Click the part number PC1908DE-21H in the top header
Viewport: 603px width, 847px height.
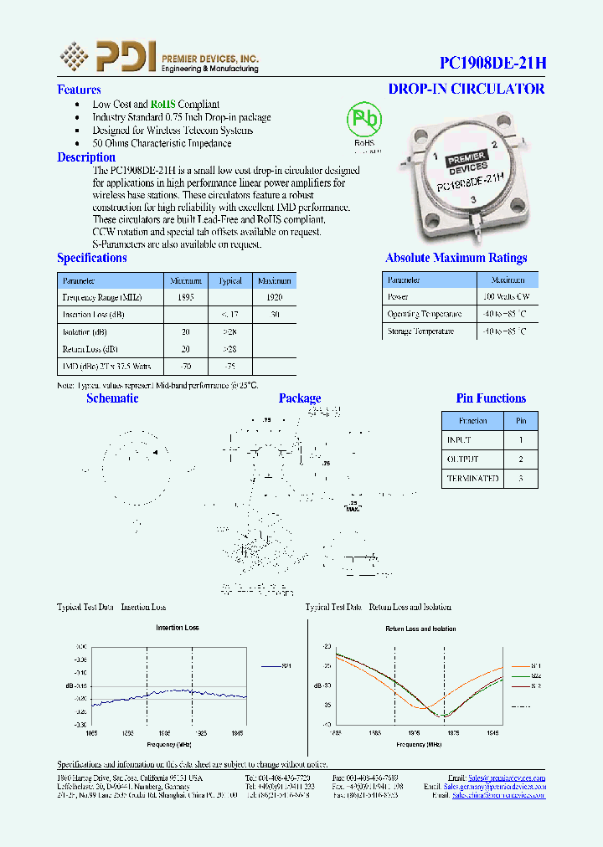click(492, 63)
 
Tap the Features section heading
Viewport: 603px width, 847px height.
click(79, 90)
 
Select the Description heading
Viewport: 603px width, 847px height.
click(86, 157)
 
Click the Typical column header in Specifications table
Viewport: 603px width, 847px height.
click(229, 281)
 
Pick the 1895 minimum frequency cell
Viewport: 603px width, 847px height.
click(186, 298)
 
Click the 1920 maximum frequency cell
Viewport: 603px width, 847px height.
click(274, 298)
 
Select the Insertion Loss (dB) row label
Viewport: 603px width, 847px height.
click(94, 316)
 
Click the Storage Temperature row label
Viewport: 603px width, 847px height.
click(420, 331)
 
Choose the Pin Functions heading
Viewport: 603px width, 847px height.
click(491, 398)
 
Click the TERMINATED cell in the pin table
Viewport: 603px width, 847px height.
click(472, 479)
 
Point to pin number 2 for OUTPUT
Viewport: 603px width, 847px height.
click(521, 459)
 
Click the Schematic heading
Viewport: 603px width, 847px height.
click(112, 398)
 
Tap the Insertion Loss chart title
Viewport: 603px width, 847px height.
click(178, 628)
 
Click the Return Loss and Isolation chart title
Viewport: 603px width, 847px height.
click(420, 629)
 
